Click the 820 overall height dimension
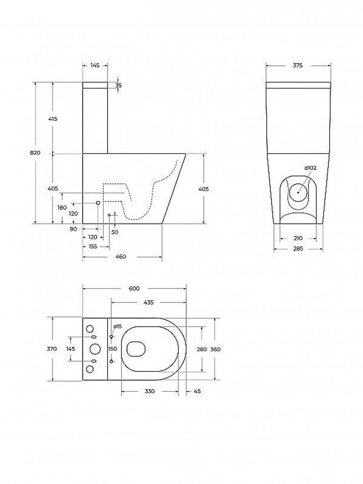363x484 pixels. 35,152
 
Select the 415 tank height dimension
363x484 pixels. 53,119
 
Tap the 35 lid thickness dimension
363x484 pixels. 118,85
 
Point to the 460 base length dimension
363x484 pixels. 121,257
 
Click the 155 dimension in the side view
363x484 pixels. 93,246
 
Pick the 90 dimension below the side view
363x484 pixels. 73,229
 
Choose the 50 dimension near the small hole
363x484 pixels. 115,232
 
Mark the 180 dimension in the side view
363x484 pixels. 62,207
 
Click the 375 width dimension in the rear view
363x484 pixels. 298,65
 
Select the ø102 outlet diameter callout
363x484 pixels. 310,168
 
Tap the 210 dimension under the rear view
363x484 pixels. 298,238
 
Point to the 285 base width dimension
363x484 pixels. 298,249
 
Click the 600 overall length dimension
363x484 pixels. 134,288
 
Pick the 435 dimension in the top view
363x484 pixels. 148,302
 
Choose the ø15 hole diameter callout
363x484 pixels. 118,326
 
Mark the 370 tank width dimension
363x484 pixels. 52,349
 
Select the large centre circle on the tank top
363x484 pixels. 95,349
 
